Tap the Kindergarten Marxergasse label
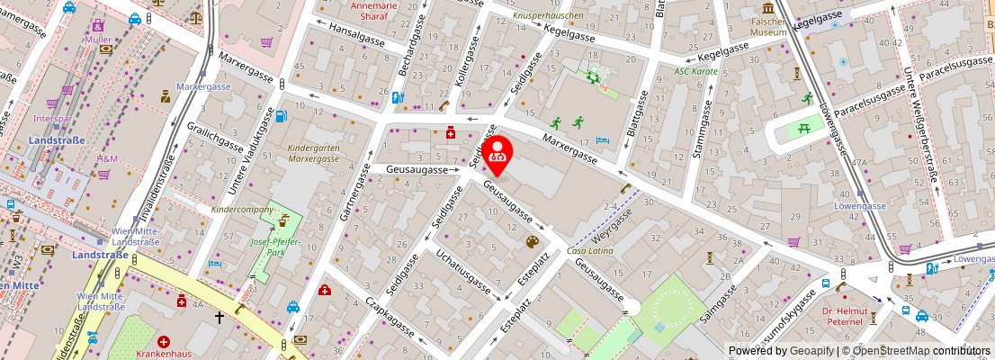click(314, 153)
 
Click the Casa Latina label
click(590, 251)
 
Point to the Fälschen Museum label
click(769, 27)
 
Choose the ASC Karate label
click(696, 70)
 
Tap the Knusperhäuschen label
click(548, 16)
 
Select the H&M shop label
click(108, 159)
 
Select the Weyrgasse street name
click(614, 224)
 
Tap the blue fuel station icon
click(281, 116)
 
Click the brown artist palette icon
click(532, 242)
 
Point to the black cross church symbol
click(219, 317)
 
